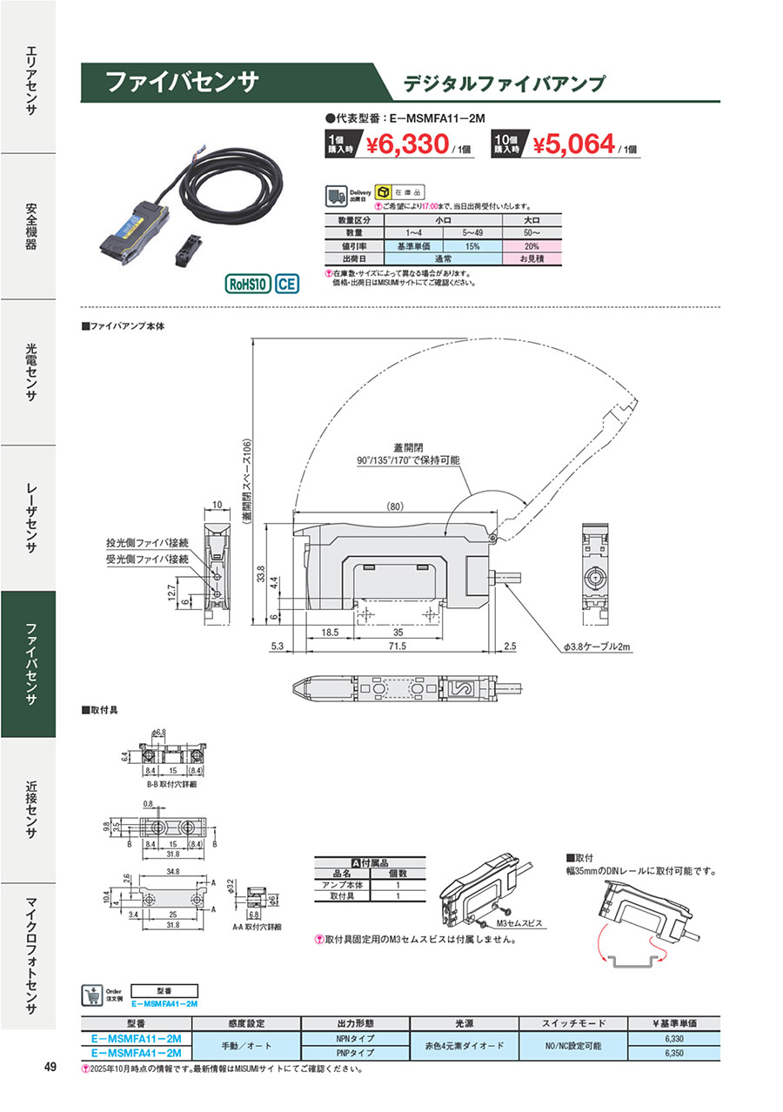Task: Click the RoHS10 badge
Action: tap(248, 284)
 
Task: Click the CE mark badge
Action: tap(287, 284)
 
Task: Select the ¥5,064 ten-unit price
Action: tap(574, 144)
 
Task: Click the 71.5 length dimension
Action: tap(397, 646)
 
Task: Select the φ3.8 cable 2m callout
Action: tap(588, 647)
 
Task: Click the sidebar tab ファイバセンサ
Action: tap(28, 664)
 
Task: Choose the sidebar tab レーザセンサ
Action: tap(28, 518)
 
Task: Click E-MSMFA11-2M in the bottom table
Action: tap(136, 1039)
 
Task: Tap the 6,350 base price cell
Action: tap(673, 1052)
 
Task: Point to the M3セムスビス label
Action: tap(519, 922)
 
